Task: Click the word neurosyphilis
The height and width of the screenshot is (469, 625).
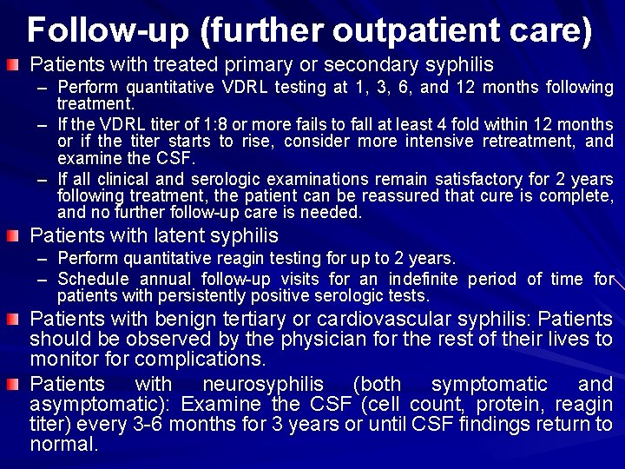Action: pyautogui.click(x=262, y=383)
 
